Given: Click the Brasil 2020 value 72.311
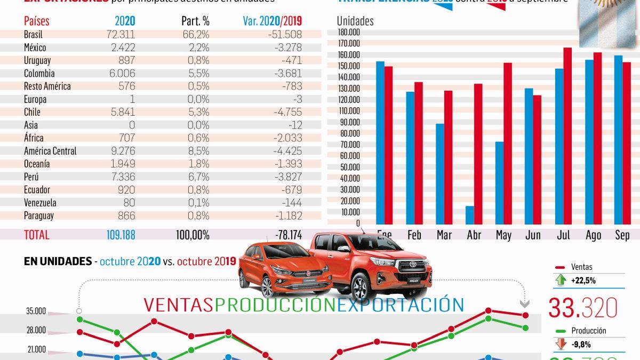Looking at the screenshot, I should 121,35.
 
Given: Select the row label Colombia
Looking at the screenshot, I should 39,74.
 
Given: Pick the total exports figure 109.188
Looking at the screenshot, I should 118,235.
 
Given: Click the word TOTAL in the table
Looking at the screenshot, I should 37,235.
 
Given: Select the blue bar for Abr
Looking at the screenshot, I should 470,215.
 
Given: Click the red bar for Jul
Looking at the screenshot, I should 567,136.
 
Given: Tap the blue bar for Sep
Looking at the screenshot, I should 619,140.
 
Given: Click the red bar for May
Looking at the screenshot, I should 508,143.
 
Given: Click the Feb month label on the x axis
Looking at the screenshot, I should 414,235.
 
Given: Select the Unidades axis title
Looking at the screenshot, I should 355,21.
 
